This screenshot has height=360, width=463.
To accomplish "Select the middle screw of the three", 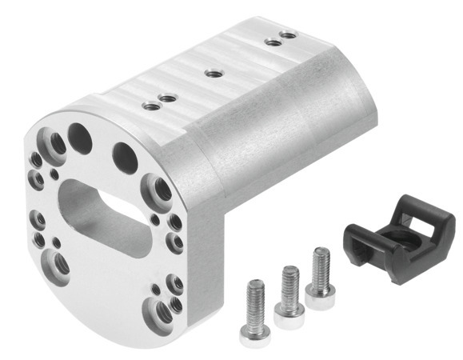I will [x=289, y=296].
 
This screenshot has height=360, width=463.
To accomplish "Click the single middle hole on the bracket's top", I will [x=213, y=74].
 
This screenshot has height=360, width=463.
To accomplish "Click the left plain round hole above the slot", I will [x=81, y=137].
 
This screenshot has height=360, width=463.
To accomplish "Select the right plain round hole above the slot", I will [x=125, y=155].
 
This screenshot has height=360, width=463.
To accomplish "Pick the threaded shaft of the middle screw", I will [x=289, y=279].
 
